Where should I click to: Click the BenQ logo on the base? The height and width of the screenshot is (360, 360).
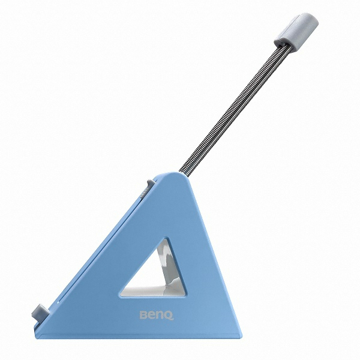point(157,315)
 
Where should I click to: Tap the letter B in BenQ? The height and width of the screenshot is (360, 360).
point(143,314)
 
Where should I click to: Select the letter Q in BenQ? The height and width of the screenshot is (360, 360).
point(169,315)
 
